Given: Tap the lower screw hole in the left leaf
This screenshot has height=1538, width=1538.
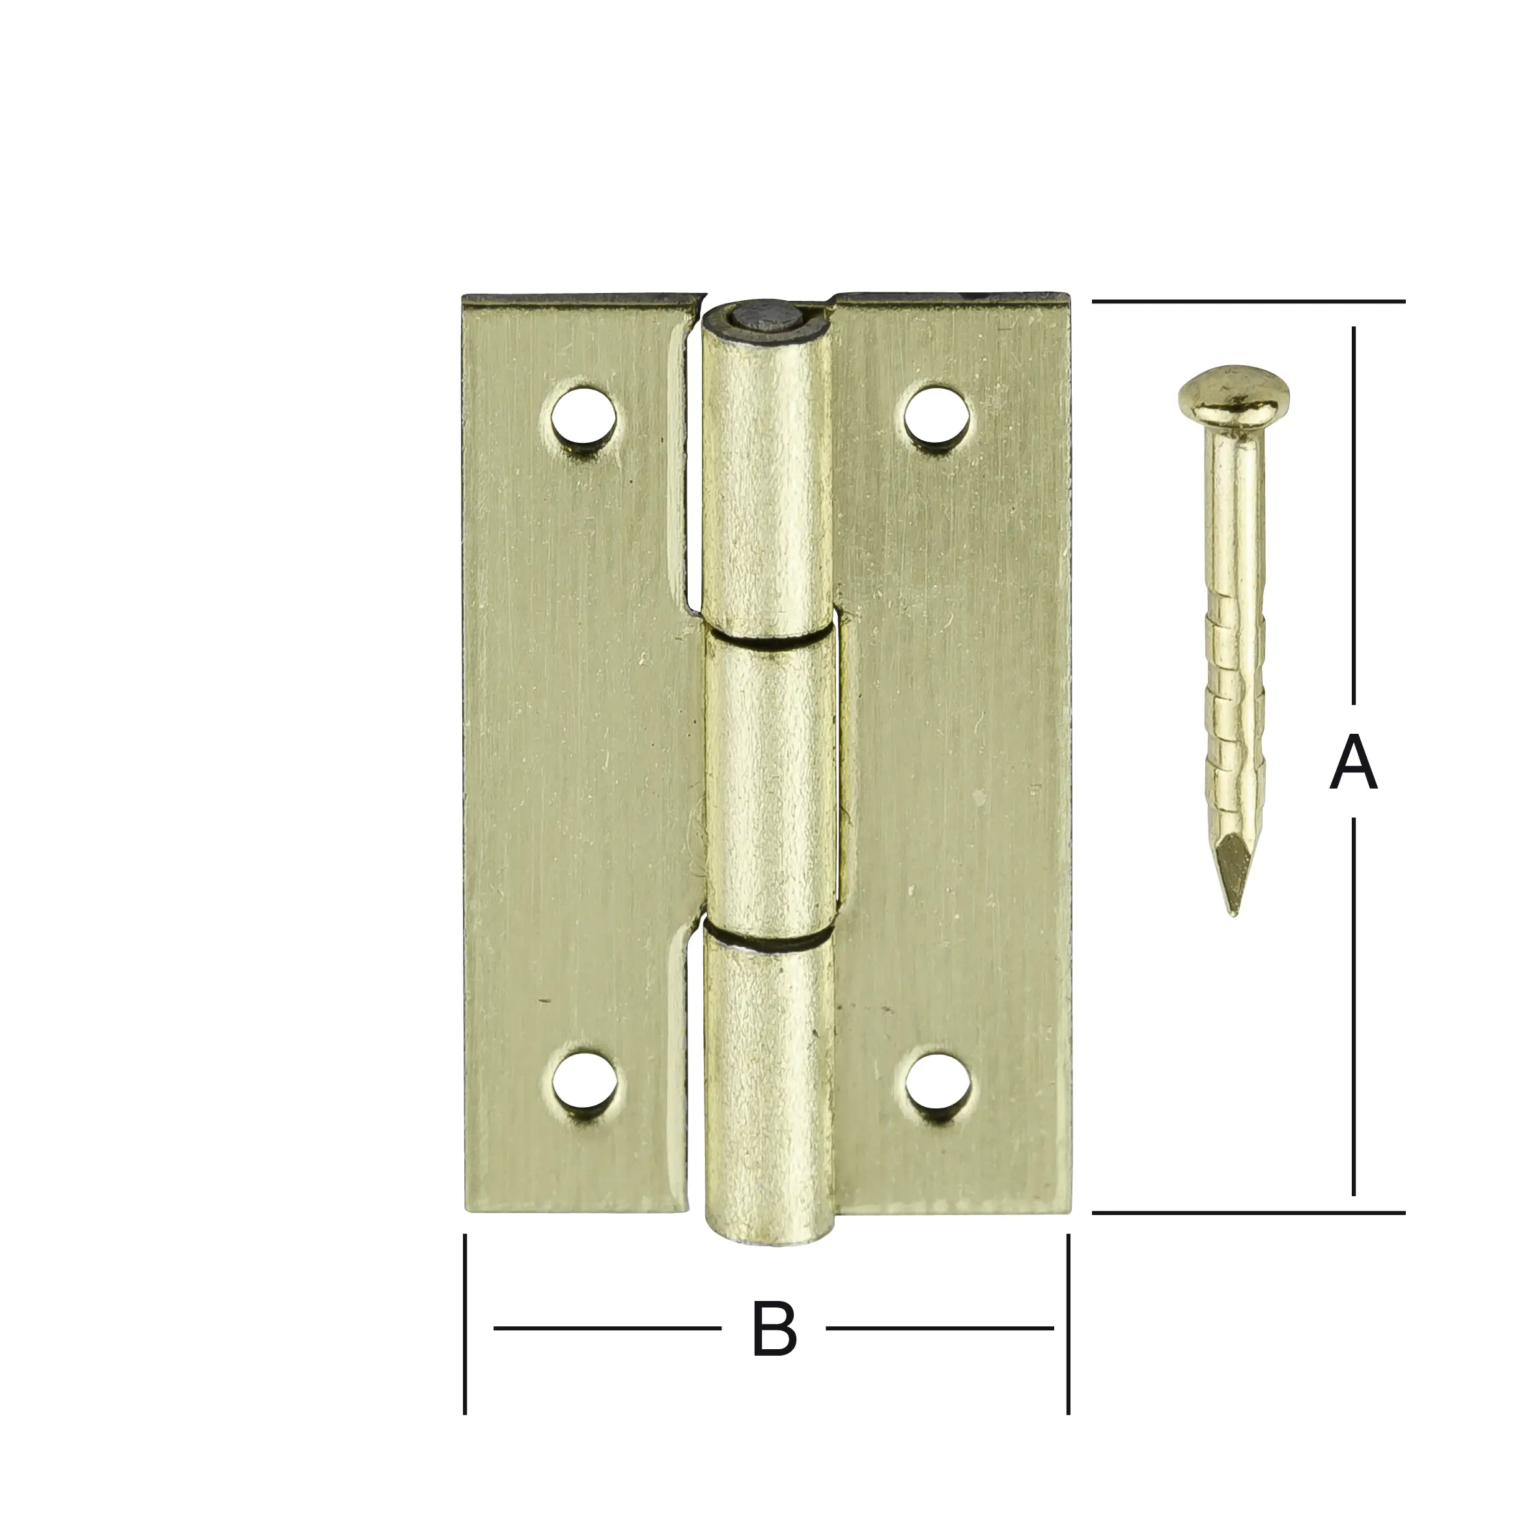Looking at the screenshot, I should [586, 1083].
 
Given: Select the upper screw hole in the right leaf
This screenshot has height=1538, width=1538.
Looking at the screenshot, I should [938, 415].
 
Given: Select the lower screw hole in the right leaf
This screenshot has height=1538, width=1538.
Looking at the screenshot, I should [938, 1083].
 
